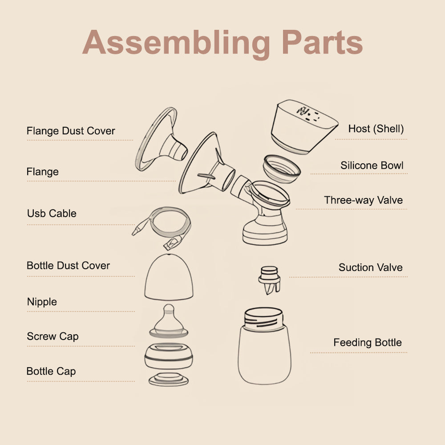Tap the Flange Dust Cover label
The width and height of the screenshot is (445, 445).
point(71,131)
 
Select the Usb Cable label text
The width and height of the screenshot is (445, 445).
point(52,214)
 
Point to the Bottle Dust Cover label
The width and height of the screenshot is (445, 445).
point(68,266)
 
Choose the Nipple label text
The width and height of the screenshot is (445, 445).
point(42,302)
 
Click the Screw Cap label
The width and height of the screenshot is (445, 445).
point(53,336)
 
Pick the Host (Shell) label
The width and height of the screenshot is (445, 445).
point(376,129)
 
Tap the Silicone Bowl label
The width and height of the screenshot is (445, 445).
point(372,166)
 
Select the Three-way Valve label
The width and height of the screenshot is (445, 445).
point(363,200)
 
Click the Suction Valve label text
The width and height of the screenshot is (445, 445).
point(370,267)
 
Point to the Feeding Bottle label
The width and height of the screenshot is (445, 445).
point(368,343)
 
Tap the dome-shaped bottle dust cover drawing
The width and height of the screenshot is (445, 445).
point(169,277)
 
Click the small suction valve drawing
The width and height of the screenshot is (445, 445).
point(269,280)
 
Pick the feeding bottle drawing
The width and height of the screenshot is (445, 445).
point(264,346)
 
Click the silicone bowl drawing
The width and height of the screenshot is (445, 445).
point(281,169)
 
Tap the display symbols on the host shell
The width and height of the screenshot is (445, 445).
point(308,113)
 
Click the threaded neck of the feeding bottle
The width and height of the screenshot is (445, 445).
point(264,320)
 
